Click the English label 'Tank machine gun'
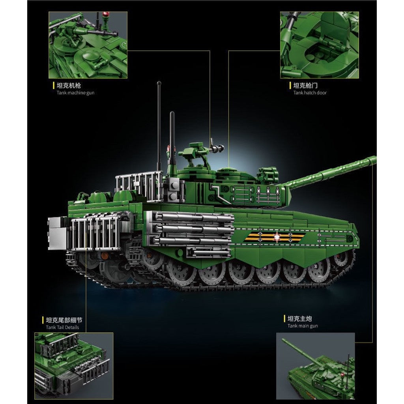click(x=75, y=93)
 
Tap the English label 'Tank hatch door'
click(x=310, y=93)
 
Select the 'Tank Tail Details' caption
click(x=62, y=327)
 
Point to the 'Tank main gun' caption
click(x=303, y=326)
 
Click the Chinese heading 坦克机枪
click(x=69, y=86)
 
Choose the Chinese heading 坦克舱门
click(x=305, y=86)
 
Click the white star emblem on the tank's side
click(x=277, y=236)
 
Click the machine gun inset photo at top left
click(x=88, y=45)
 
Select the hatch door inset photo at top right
click(x=320, y=45)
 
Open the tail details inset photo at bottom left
click(x=74, y=366)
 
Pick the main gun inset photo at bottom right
click(x=315, y=366)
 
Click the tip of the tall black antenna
click(x=159, y=83)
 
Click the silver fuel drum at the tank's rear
click(x=57, y=234)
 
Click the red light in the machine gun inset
click(x=106, y=14)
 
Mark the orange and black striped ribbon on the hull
click(x=275, y=237)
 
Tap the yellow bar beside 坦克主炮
click(x=284, y=319)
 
